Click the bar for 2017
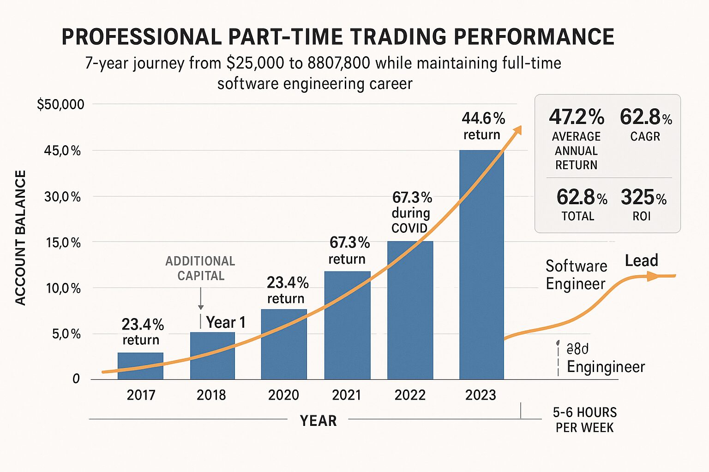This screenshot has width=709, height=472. pyautogui.click(x=140, y=366)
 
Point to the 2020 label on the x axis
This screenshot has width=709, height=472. pyautogui.click(x=283, y=395)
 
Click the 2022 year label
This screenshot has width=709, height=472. pyautogui.click(x=410, y=395)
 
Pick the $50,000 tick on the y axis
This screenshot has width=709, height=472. pyautogui.click(x=60, y=105)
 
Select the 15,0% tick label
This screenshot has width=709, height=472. pyautogui.click(x=63, y=242)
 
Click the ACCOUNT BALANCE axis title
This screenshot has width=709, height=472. pyautogui.click(x=20, y=237)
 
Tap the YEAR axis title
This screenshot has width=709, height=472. pyautogui.click(x=318, y=420)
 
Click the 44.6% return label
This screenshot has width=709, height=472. pyautogui.click(x=483, y=126)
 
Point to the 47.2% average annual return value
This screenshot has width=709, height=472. pyautogui.click(x=576, y=117)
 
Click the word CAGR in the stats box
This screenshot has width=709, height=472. pyautogui.click(x=645, y=136)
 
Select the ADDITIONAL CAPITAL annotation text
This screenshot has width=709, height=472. pyautogui.click(x=200, y=268)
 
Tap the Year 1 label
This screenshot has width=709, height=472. pyautogui.click(x=225, y=322)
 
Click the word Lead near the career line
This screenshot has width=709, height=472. pyautogui.click(x=641, y=260)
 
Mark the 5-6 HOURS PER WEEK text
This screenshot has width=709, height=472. pyautogui.click(x=584, y=419)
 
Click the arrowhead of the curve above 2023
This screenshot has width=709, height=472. pyautogui.click(x=517, y=130)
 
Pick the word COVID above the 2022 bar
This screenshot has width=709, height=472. pyautogui.click(x=409, y=228)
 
